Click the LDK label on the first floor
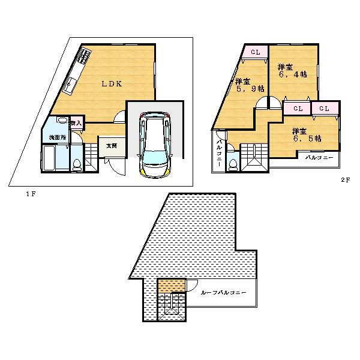pyautogui.click(x=112, y=85)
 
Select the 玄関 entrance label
pyautogui.click(x=111, y=146)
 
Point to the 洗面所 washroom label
pyautogui.click(x=57, y=138)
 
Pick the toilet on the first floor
pyautogui.click(x=76, y=163)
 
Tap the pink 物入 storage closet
pyautogui.click(x=76, y=122)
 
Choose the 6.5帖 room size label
pyautogui.click(x=306, y=134)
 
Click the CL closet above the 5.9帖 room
pyautogui.click(x=255, y=53)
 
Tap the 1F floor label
pyautogui.click(x=29, y=193)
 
